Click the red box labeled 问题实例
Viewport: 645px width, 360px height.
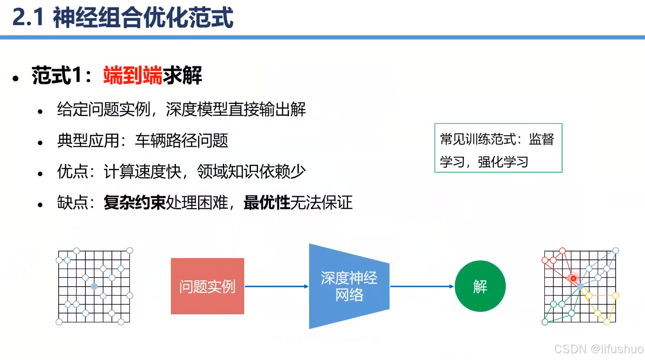[207, 286]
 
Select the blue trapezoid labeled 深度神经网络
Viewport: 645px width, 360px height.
[349, 286]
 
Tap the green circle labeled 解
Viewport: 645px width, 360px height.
[480, 286]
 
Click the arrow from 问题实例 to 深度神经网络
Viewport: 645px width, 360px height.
[276, 286]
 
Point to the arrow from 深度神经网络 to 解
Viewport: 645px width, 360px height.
[422, 286]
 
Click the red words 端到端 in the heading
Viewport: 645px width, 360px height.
[132, 75]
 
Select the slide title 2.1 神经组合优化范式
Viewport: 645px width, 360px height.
[122, 18]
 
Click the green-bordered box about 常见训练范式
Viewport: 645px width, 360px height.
[498, 148]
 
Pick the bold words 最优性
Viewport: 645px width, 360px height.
[267, 203]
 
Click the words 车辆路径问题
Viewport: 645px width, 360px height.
[181, 141]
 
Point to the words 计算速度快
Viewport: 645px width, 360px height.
[142, 172]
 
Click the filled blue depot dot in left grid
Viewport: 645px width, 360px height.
[94, 286]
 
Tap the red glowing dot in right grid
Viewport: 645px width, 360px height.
[573, 278]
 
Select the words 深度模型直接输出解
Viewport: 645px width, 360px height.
[236, 110]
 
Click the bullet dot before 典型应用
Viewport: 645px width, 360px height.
[40, 142]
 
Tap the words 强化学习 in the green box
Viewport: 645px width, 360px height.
[503, 162]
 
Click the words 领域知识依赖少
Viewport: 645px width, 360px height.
[251, 172]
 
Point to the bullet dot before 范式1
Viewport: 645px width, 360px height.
[16, 78]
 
